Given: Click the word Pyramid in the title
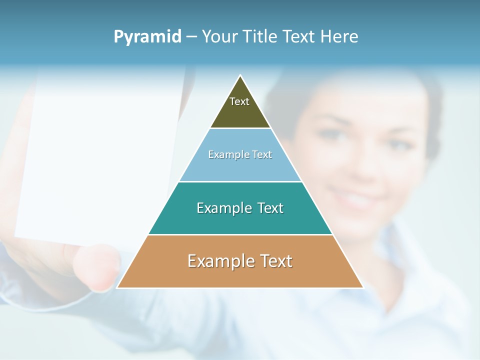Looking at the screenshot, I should pyautogui.click(x=147, y=37).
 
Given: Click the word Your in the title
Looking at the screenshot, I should pyautogui.click(x=219, y=37).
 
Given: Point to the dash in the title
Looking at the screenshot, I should pyautogui.click(x=191, y=37).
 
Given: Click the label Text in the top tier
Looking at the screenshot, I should pyautogui.click(x=239, y=101).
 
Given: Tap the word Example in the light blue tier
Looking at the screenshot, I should pyautogui.click(x=224, y=154).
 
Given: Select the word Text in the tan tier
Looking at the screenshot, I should pyautogui.click(x=273, y=261).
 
